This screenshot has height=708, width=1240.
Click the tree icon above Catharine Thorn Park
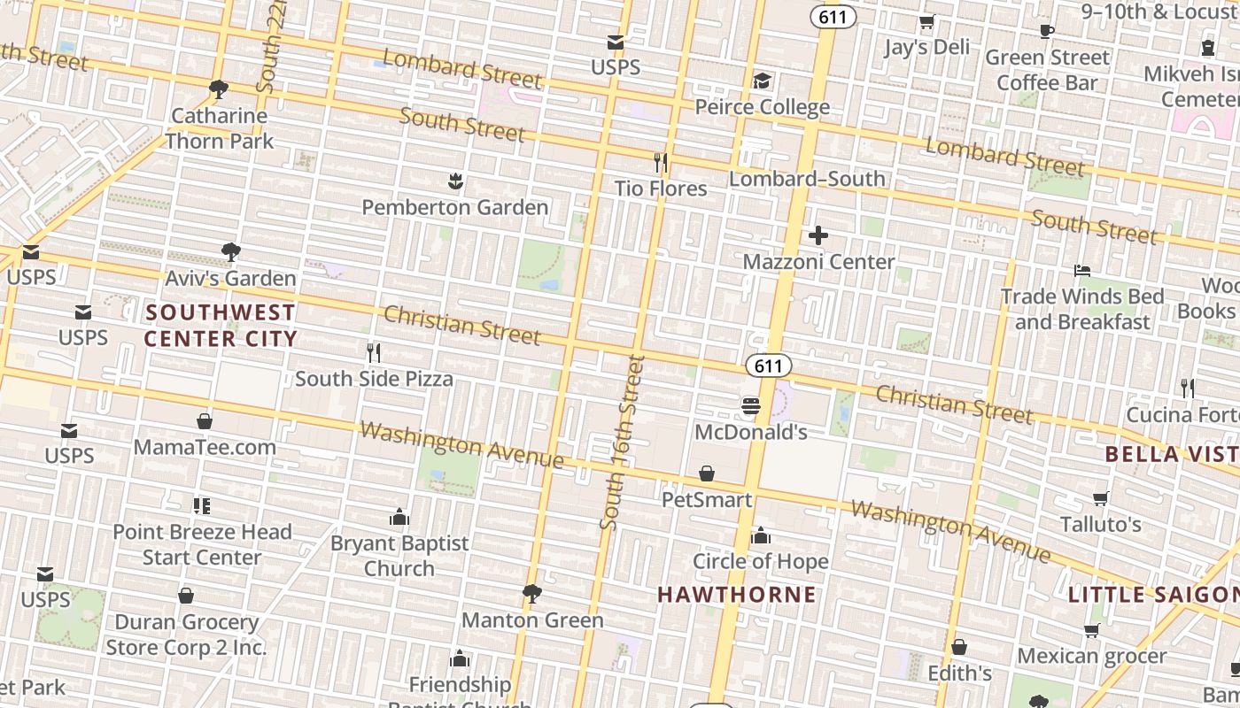coord(219,88)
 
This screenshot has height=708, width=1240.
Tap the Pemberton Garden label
coord(454,207)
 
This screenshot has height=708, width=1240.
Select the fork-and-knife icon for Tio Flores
coord(660,162)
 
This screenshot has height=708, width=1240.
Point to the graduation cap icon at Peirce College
coord(762,81)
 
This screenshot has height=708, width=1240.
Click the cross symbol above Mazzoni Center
coord(818,235)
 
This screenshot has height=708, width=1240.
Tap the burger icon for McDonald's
coord(751,406)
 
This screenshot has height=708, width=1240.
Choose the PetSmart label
coord(707,499)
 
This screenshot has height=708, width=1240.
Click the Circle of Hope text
coord(760,561)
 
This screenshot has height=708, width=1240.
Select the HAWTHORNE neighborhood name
coord(736,594)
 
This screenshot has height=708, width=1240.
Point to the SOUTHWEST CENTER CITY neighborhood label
coord(221,325)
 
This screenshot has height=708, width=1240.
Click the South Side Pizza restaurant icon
coord(374,353)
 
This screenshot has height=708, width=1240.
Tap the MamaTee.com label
coord(205,447)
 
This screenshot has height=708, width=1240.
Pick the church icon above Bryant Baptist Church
coord(399,517)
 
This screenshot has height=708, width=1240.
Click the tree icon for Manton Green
coord(532,593)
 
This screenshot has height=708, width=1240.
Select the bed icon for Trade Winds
coord(1081,270)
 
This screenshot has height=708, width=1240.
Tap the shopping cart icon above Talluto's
coord(1101,498)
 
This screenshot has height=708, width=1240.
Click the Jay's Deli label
coord(926,47)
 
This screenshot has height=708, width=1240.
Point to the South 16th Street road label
coord(622,442)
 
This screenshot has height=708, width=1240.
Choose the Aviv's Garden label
coord(230,278)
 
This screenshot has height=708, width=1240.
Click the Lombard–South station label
coord(807,179)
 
